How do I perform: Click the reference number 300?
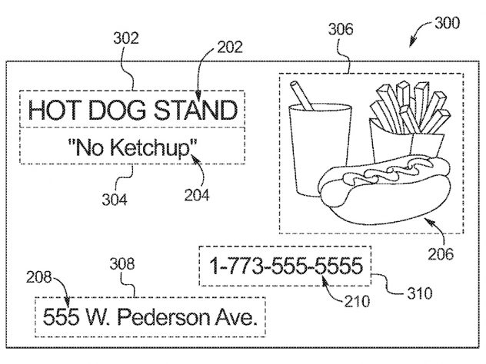[x=447, y=23]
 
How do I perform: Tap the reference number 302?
[x=126, y=38]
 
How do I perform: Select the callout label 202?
[x=230, y=47]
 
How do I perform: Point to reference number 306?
[x=341, y=29]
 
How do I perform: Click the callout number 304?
[x=115, y=200]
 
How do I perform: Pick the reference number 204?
[x=197, y=195]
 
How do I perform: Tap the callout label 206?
[x=441, y=254]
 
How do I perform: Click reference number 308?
[x=122, y=263]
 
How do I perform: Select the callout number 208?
[x=38, y=277]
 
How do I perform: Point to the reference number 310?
[x=420, y=293]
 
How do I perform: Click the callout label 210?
[x=357, y=301]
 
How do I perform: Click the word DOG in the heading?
[x=117, y=110]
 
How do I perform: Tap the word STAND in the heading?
[x=196, y=110]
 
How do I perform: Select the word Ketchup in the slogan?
[x=150, y=147]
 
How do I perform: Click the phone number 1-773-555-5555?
[x=286, y=266]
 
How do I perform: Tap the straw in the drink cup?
[x=301, y=95]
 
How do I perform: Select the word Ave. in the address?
[x=237, y=316]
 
